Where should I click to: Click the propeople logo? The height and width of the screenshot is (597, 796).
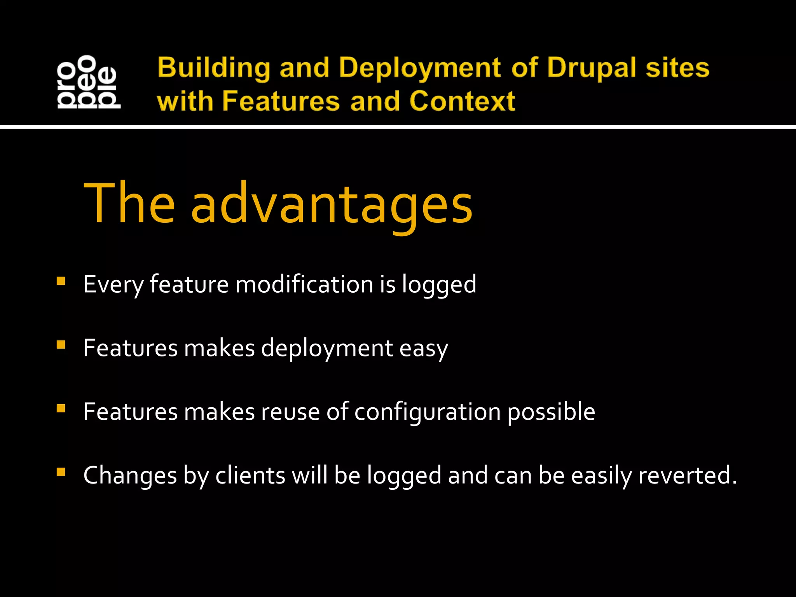(89, 82)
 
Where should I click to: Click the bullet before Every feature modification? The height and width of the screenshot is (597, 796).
(61, 281)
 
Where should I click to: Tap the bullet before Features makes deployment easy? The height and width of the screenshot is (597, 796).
(61, 345)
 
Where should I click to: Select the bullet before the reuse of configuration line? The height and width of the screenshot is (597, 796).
(61, 408)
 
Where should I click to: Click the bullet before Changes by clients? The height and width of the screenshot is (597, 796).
(61, 472)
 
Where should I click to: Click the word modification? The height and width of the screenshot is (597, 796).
(304, 285)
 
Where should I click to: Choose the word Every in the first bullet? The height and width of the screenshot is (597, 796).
(113, 285)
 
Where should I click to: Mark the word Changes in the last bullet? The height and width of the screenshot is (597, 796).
(130, 476)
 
